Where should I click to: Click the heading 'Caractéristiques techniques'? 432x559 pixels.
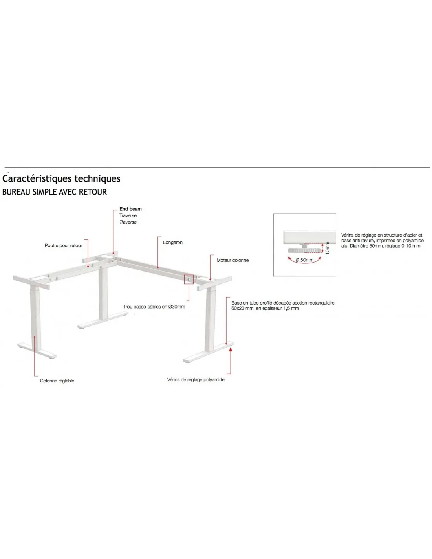point(61,178)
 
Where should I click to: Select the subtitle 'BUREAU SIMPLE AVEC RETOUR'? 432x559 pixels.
point(55,192)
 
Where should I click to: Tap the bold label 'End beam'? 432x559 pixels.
point(130,209)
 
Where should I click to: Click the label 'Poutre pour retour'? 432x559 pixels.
point(64,245)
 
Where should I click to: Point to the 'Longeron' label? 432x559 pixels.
point(173,242)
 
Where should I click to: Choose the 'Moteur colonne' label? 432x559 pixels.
point(232,260)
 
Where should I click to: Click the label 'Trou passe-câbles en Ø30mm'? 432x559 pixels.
point(154,307)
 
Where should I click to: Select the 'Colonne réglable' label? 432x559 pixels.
point(57,381)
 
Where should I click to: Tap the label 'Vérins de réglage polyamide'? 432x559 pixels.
point(196,379)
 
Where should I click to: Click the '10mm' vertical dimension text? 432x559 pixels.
point(327,248)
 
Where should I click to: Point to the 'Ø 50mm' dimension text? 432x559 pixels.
point(304,260)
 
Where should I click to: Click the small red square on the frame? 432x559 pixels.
point(189,279)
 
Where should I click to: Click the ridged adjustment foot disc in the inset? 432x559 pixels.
point(304,250)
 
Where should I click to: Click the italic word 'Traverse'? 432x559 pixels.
point(128,222)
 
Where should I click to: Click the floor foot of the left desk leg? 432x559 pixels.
point(37,350)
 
